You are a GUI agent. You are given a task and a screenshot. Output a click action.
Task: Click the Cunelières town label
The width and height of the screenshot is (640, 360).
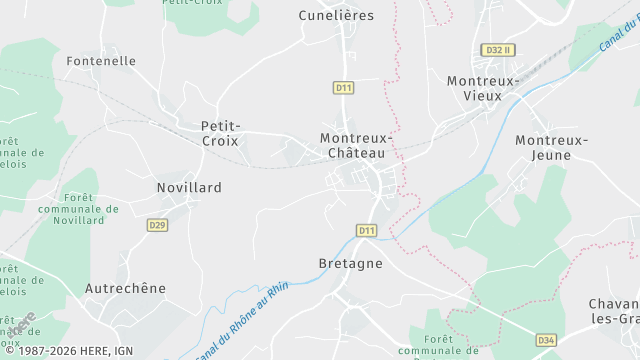coord(336,15)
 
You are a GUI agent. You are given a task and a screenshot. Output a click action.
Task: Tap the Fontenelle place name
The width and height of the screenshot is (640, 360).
coord(101,61)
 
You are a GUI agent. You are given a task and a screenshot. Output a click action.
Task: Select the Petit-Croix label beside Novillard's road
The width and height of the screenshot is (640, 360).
coord(220,133)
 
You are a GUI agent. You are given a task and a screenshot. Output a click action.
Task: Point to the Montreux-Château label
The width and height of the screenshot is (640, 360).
coord(356,145)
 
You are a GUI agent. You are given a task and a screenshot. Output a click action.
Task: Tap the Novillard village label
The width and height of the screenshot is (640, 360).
coord(189,187)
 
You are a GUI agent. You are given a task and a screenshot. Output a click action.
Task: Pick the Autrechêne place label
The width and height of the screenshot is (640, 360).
coord(125,288)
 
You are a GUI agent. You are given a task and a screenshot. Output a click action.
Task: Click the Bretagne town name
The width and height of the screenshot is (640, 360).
coord(350,264)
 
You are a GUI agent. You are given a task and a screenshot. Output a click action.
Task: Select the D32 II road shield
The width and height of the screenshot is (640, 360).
coord(496,50)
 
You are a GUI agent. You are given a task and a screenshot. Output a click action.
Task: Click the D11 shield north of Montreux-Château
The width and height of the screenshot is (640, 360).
coord(343,88)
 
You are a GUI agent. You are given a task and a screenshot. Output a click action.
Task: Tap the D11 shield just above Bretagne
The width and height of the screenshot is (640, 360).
coord(367,231)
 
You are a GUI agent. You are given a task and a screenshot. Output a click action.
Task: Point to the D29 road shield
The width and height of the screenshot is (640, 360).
coord(157,225)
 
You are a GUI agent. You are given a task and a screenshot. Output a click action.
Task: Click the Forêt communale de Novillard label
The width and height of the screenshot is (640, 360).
coord(91,209)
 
